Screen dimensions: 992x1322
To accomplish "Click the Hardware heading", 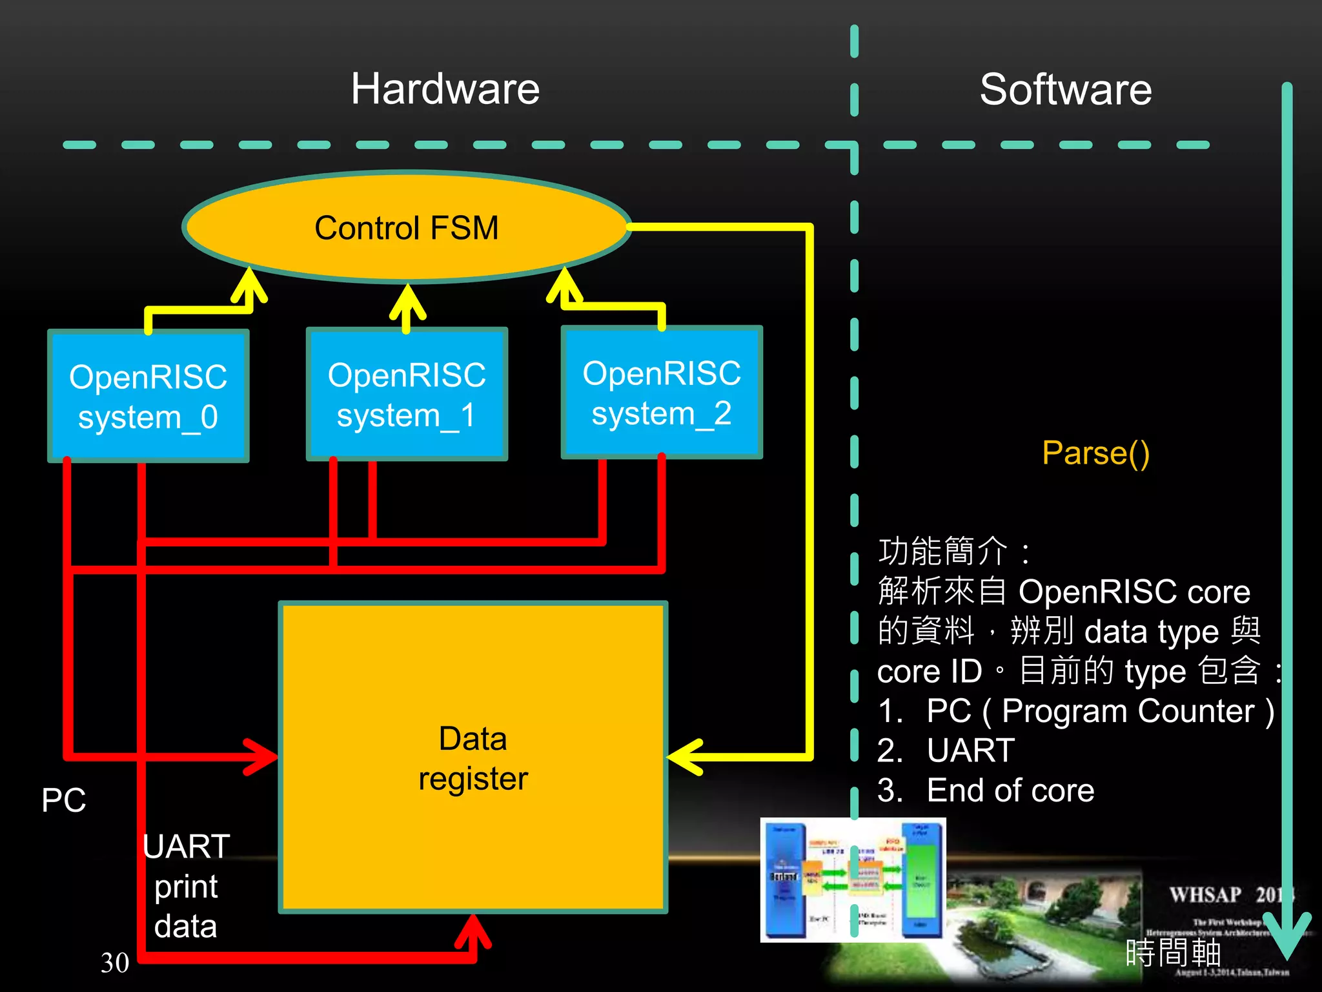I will (x=445, y=89).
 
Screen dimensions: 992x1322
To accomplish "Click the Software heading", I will (x=1065, y=89).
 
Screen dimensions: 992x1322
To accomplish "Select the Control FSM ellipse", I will (x=407, y=227).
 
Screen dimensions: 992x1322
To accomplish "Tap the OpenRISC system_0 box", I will (x=148, y=397).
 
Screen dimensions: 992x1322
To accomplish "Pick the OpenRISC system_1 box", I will (x=407, y=395).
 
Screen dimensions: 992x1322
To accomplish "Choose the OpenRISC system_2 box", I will (x=662, y=393).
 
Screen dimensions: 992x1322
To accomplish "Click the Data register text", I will (x=473, y=758).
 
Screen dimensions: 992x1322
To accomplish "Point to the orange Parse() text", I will (x=1095, y=453).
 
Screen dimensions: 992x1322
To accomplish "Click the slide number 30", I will (x=115, y=962).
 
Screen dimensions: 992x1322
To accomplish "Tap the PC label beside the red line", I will (x=63, y=800).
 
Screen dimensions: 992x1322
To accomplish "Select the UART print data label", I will (x=186, y=886).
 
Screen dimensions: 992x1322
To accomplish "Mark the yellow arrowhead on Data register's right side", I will (x=684, y=756).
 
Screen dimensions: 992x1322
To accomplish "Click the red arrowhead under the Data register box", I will (x=473, y=930).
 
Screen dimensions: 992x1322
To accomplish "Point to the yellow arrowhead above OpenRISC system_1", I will (x=407, y=300).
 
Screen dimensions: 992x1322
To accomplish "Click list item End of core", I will (x=1010, y=790).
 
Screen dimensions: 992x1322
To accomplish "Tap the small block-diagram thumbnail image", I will (x=853, y=880).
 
